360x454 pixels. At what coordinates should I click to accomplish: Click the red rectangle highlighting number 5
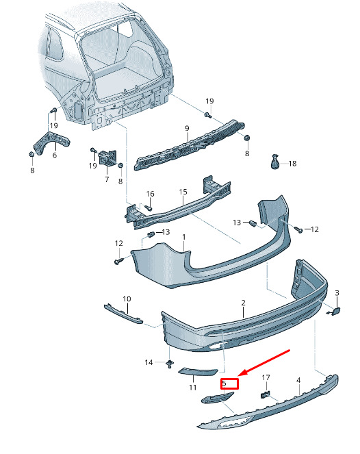pos(229,383)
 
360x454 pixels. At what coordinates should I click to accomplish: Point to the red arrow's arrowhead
pos(243,373)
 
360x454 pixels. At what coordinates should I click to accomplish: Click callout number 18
pos(292,164)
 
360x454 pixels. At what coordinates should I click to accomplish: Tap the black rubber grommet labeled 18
pos(274,162)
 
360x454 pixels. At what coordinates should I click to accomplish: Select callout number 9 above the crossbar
pos(187,128)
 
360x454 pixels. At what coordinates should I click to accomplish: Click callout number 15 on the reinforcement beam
pos(183,192)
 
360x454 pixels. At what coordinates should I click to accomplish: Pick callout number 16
pos(150,194)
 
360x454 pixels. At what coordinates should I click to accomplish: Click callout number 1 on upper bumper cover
pos(183,238)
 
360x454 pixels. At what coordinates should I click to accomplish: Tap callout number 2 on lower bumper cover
pos(243,303)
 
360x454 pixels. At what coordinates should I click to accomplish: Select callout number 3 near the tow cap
pos(337,293)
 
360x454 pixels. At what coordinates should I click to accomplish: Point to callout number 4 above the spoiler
pos(298,380)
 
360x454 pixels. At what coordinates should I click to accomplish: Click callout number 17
pos(266,377)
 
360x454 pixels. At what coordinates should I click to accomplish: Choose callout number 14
pos(149,362)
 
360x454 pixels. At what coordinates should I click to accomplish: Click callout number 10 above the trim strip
pos(127,299)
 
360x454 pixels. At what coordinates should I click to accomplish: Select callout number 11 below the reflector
pos(193,388)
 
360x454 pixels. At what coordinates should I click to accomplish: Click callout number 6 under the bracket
pos(55,155)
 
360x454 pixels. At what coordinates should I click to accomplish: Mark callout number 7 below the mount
pos(107,179)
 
